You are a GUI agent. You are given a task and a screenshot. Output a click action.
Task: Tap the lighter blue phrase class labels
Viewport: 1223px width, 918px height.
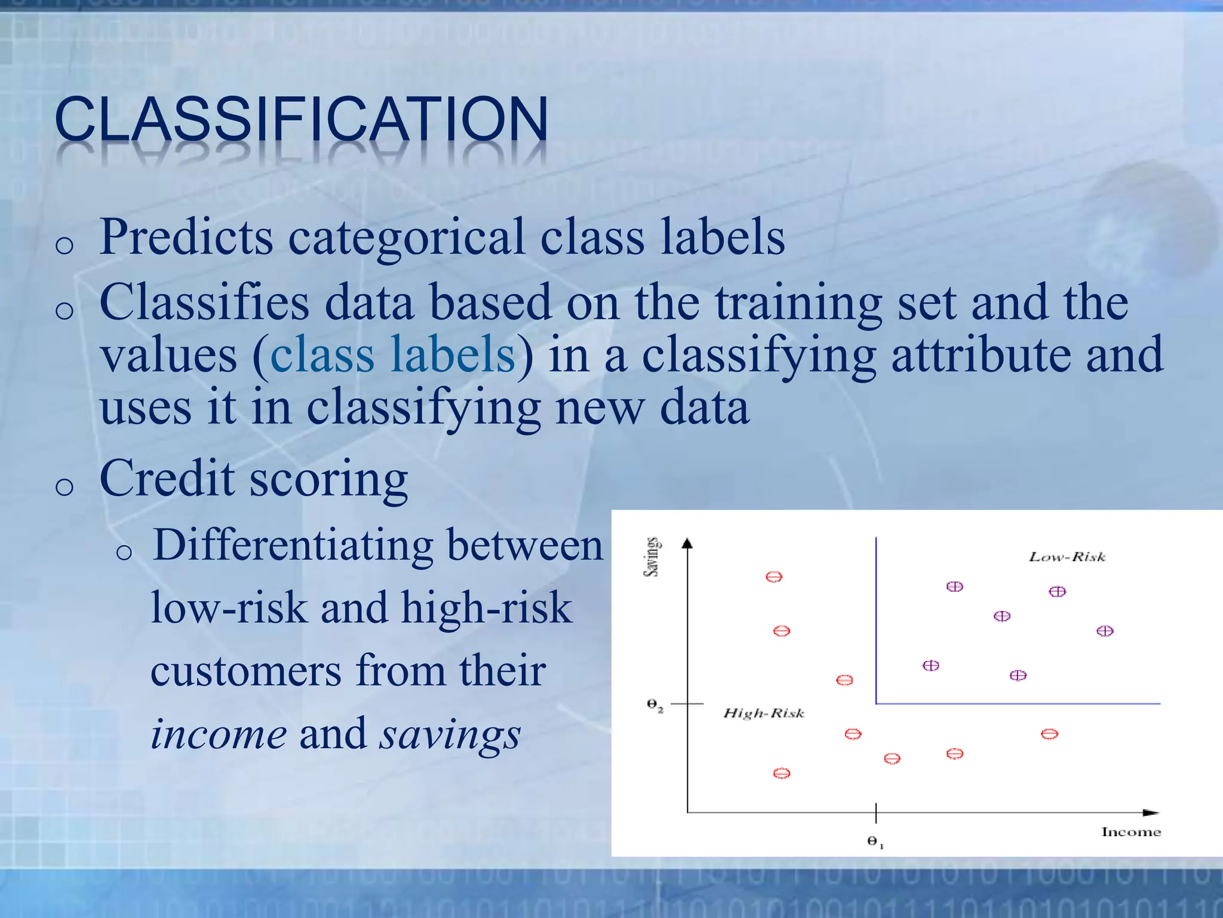(392, 354)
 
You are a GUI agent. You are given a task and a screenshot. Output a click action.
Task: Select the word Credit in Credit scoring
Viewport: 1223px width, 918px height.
(167, 479)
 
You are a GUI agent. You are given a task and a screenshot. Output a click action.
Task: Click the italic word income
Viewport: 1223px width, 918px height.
(219, 734)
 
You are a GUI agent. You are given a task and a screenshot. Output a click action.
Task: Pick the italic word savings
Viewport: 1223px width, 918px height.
(450, 734)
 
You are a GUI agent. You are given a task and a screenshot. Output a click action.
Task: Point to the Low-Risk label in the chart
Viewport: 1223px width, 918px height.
(1067, 557)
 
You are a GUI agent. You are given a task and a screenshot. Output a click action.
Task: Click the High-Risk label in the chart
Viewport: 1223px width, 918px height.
(764, 713)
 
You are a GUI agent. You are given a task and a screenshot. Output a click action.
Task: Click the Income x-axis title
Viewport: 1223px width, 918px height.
(1131, 832)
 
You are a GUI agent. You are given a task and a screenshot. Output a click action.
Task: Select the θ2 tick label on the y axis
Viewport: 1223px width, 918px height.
(654, 705)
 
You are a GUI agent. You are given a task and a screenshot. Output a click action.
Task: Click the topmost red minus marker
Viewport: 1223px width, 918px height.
(774, 577)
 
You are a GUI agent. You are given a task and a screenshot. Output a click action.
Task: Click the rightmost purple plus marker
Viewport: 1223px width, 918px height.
(1105, 631)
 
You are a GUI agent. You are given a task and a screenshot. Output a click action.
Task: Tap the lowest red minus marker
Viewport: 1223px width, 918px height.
(782, 773)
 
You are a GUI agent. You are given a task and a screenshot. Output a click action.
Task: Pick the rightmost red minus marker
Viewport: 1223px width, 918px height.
(1049, 734)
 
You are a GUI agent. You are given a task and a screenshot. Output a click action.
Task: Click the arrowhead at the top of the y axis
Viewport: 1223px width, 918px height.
(687, 543)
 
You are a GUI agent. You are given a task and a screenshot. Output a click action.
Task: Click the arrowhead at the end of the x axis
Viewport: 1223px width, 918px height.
(1151, 813)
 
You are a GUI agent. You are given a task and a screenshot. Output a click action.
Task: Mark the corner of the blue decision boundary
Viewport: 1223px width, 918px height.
(876, 703)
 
